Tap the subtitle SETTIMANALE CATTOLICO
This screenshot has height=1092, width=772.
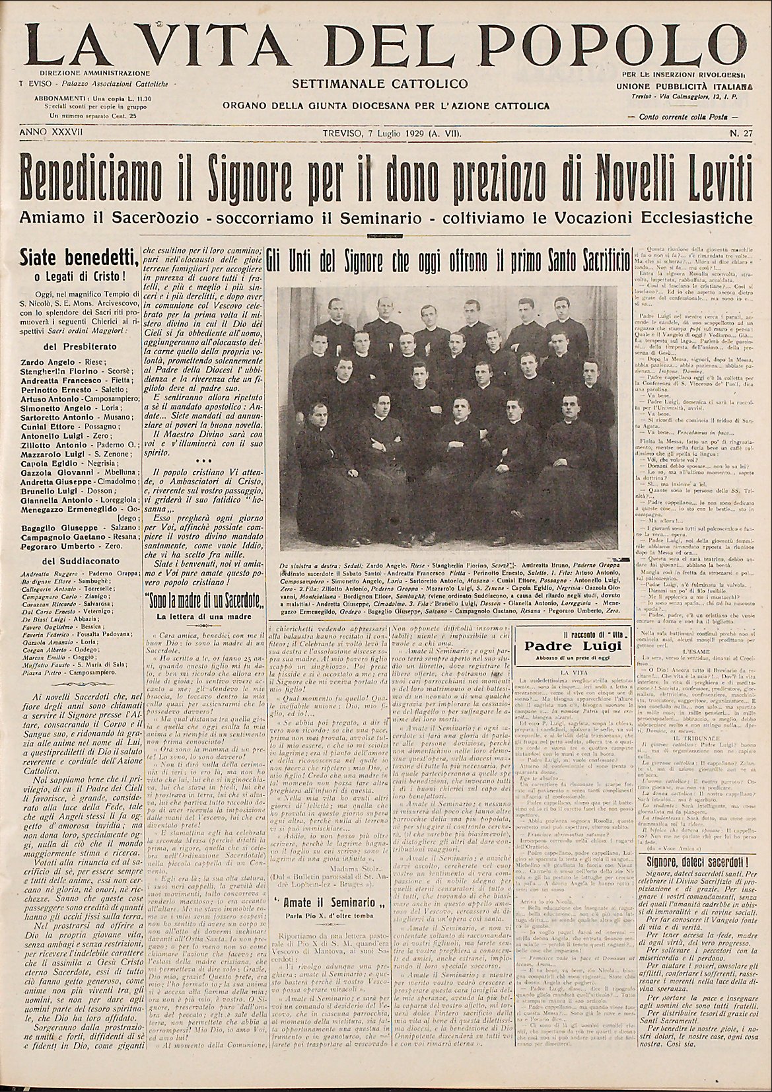384,84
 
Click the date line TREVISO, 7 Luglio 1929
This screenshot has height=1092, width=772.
392,133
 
